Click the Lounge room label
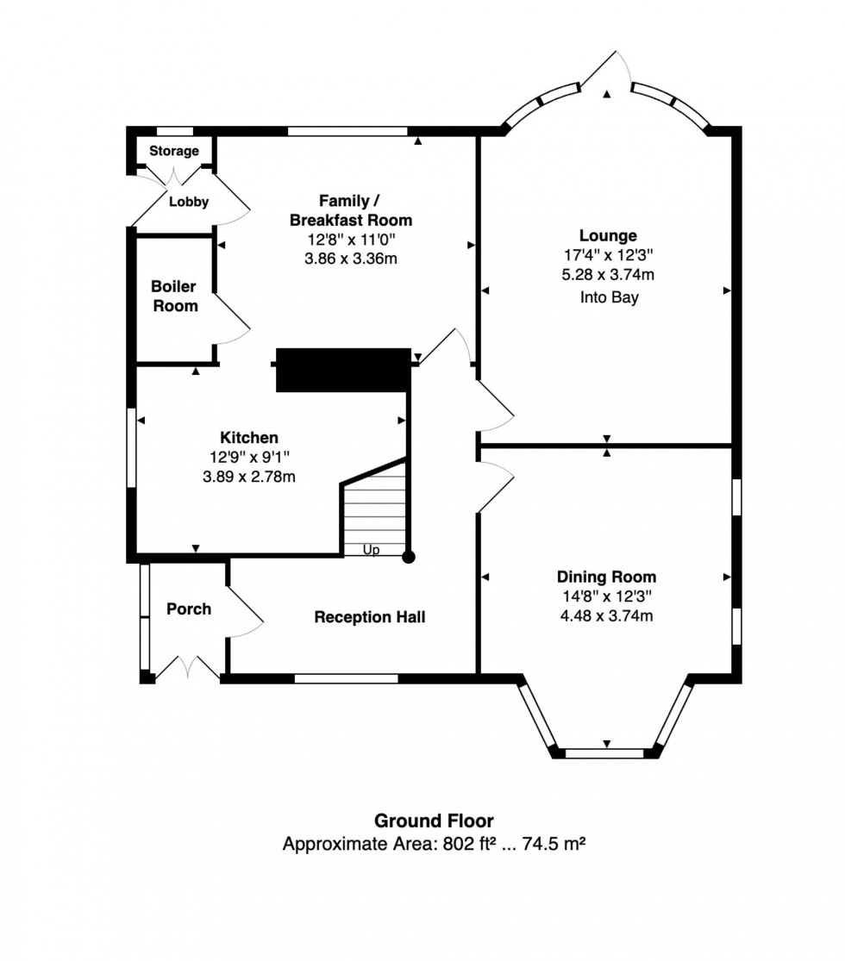click(607, 235)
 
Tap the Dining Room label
click(606, 577)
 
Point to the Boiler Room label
click(174, 296)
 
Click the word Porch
click(188, 609)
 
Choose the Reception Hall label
click(369, 617)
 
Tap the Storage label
click(174, 151)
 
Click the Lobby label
click(188, 202)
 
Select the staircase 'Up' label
click(371, 549)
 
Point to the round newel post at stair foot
click(409, 557)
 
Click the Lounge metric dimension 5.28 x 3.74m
click(607, 276)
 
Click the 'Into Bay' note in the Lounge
click(607, 298)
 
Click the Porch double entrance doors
click(188, 668)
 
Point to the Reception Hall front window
click(346, 678)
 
